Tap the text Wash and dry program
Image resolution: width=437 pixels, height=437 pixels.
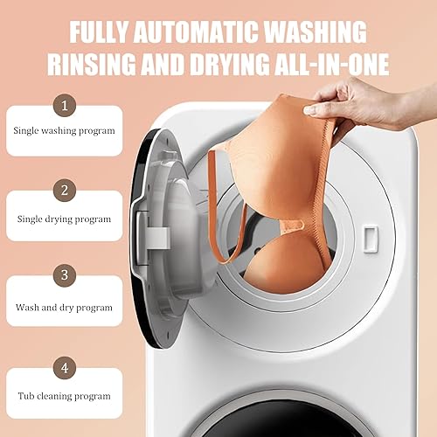(x=64, y=308)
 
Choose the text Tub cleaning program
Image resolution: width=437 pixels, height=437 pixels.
(x=63, y=396)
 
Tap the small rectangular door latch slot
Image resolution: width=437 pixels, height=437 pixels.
(x=369, y=235)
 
